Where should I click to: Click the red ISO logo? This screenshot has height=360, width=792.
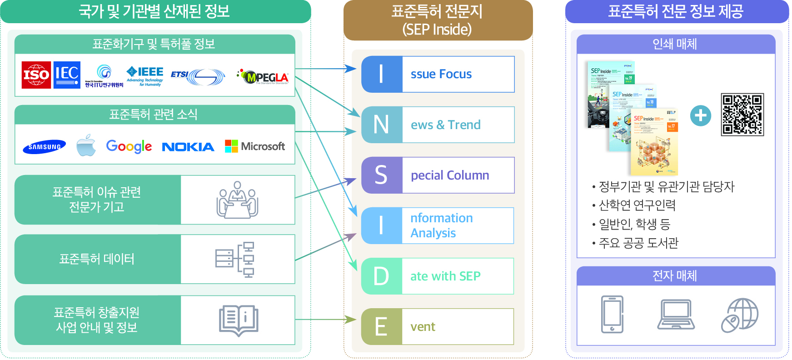(x=36, y=75)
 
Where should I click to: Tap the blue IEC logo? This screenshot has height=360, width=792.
(x=67, y=75)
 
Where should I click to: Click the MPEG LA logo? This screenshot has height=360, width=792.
(x=264, y=77)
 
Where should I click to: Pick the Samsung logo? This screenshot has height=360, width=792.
(x=45, y=147)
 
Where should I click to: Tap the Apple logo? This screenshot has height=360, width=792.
(x=86, y=145)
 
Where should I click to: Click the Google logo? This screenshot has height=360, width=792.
(x=129, y=146)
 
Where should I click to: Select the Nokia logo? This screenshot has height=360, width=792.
(x=188, y=147)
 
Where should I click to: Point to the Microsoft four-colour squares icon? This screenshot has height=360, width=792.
(x=231, y=146)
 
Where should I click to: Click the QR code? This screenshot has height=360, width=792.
(x=742, y=115)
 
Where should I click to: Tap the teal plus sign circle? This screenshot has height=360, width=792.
(x=700, y=115)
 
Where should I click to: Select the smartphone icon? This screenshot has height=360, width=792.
(x=612, y=314)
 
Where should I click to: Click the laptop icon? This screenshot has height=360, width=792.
(x=676, y=314)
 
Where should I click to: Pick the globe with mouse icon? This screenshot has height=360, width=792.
(x=739, y=315)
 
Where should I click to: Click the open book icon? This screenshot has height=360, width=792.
(x=239, y=320)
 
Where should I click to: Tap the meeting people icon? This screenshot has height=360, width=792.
(x=238, y=200)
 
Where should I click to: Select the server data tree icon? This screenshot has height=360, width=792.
(x=235, y=260)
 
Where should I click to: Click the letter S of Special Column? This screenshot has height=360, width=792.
(x=381, y=175)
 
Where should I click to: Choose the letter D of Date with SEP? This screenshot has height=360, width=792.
(x=381, y=276)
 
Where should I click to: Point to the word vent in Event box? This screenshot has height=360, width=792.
(x=423, y=327)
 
